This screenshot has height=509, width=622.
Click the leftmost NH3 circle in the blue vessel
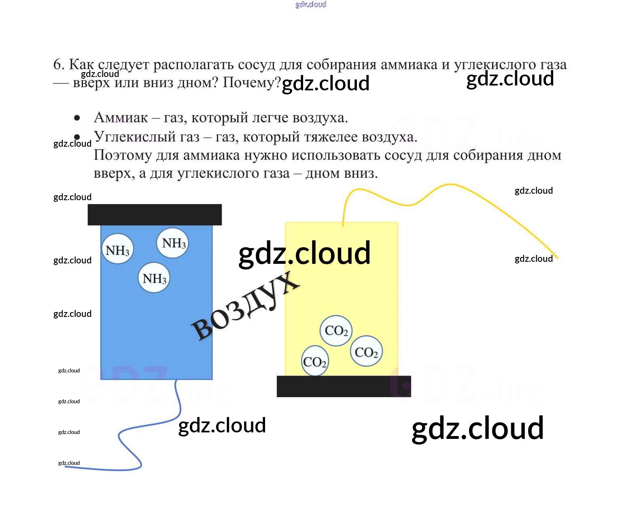pyautogui.click(x=117, y=249)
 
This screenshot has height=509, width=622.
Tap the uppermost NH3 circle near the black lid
pyautogui.click(x=173, y=243)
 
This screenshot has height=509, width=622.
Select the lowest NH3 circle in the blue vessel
pyautogui.click(x=154, y=278)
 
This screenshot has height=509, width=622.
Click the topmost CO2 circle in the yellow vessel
pyautogui.click(x=336, y=330)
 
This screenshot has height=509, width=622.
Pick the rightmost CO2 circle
pyautogui.click(x=366, y=351)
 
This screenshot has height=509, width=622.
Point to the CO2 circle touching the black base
pyautogui.click(x=315, y=361)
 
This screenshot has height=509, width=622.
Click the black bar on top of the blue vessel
pyautogui.click(x=155, y=214)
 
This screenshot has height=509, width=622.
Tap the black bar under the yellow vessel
pyautogui.click(x=344, y=386)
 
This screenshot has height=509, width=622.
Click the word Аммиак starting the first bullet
pyautogui.click(x=121, y=118)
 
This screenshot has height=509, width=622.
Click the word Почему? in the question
pyautogui.click(x=252, y=83)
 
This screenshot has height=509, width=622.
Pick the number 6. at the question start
pyautogui.click(x=59, y=64)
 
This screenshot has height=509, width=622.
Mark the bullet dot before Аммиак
pyautogui.click(x=77, y=118)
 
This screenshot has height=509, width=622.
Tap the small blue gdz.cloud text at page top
pyautogui.click(x=311, y=5)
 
